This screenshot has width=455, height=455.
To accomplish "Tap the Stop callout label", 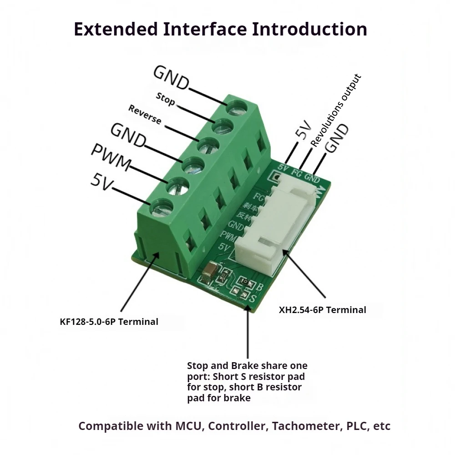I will point(165,99).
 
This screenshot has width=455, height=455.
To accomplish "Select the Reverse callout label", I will point(145,115).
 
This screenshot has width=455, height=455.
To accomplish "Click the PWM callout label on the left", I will point(111,157).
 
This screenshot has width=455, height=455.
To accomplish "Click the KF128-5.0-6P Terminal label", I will point(109,322).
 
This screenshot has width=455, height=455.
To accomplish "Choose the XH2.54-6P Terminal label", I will point(322,310).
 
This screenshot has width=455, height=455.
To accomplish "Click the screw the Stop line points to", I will point(222,125).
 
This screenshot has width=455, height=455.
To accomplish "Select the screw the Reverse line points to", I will point(207,146).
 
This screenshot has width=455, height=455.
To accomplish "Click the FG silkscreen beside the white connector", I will point(258,197).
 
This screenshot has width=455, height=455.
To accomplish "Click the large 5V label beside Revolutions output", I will point(303,130).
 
